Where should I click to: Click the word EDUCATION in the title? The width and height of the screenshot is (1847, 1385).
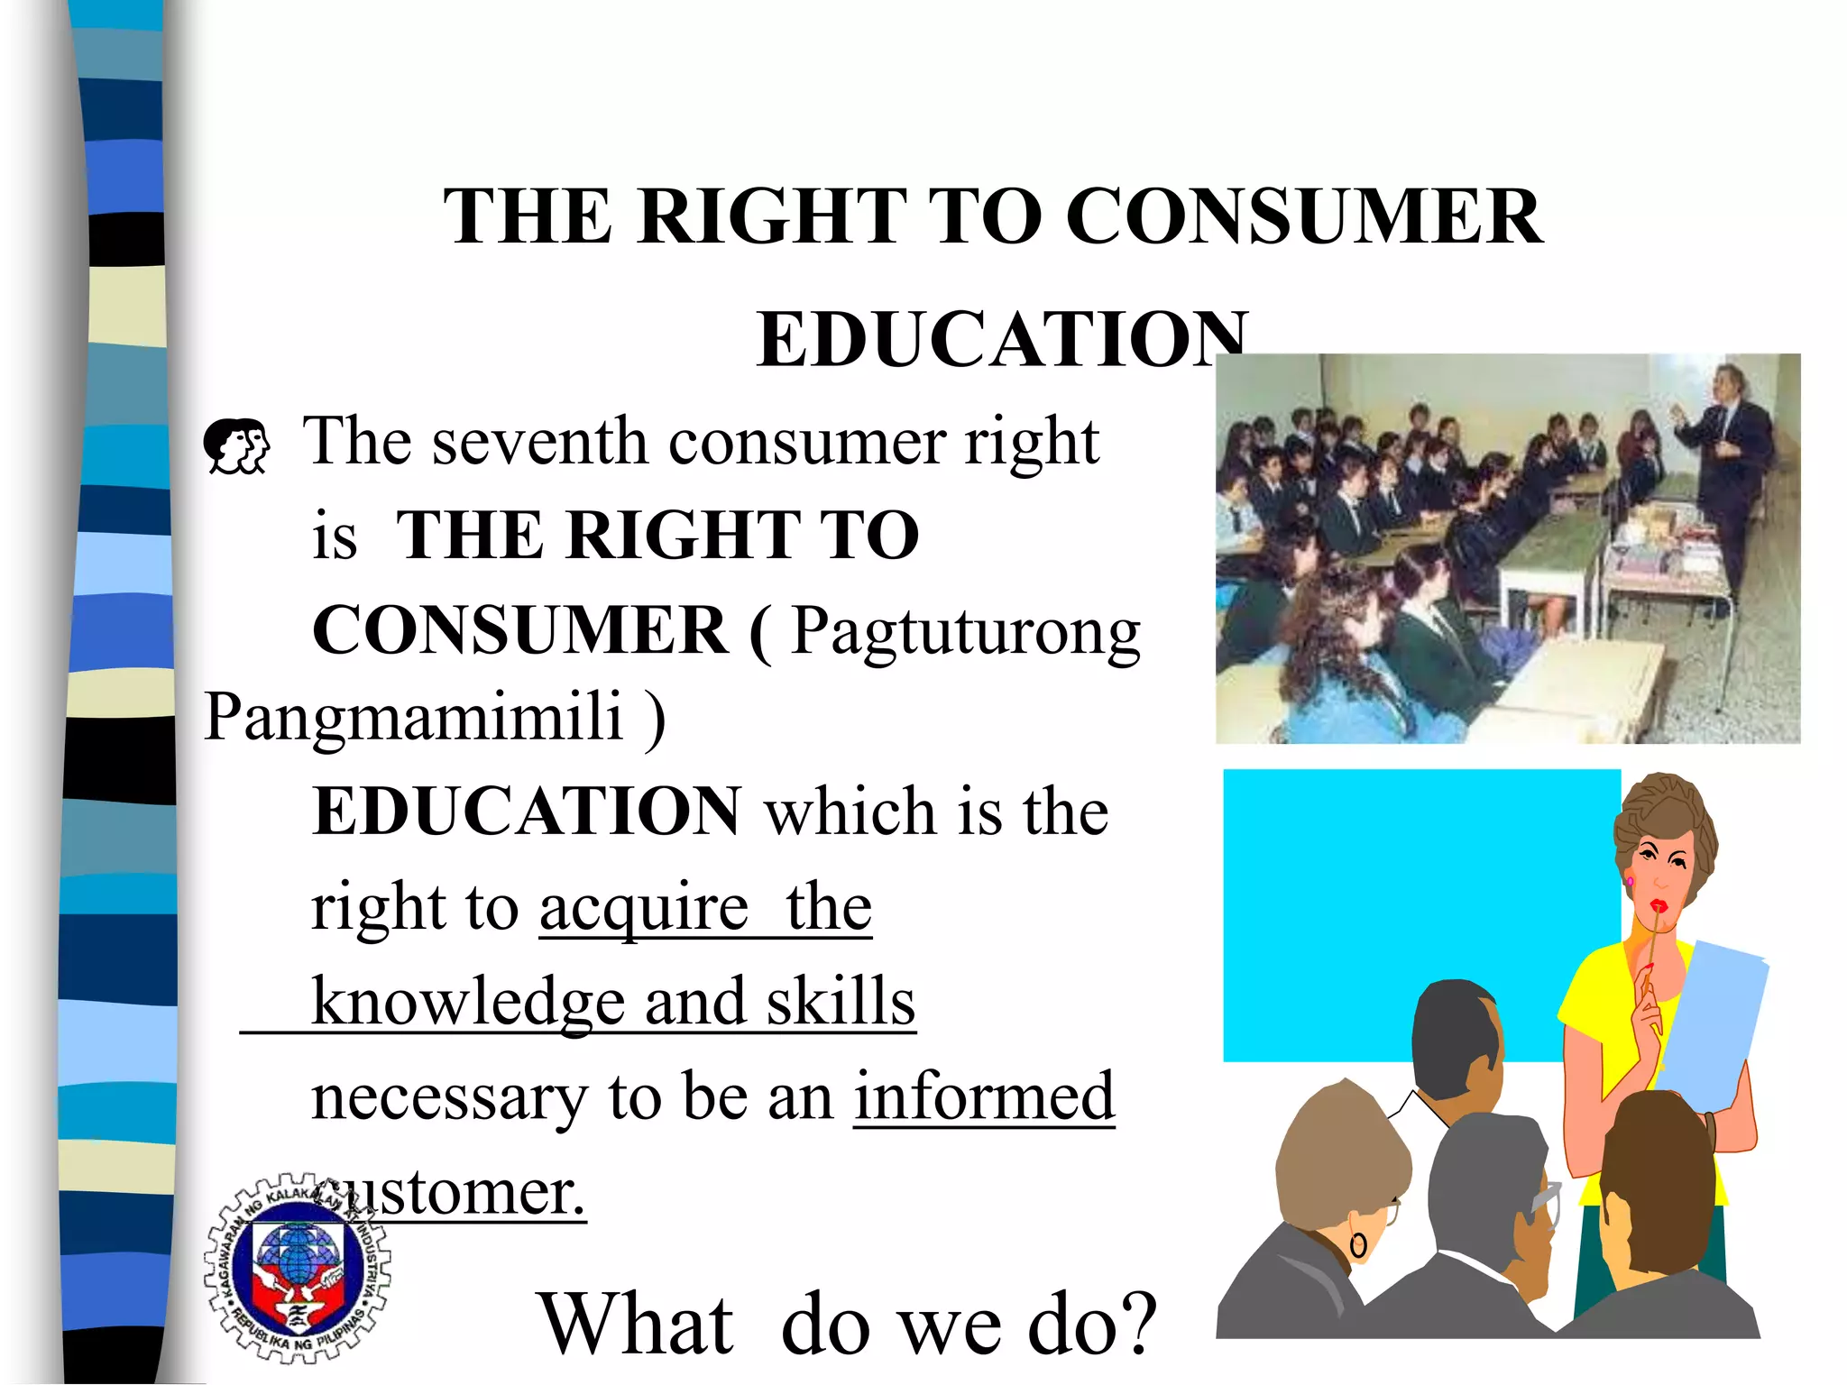point(1001,339)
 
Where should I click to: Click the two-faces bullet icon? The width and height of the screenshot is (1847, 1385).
point(236,445)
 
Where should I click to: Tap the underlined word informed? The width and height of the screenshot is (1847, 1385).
point(984,1096)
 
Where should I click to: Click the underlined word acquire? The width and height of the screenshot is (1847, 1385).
point(644,908)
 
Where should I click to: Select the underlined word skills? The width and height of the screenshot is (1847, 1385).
point(841,1002)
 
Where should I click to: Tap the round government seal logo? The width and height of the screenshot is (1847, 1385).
point(297,1268)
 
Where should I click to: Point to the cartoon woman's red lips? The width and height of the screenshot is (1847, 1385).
point(1658,905)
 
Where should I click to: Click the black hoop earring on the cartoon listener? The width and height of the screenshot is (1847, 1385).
point(1358,1246)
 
